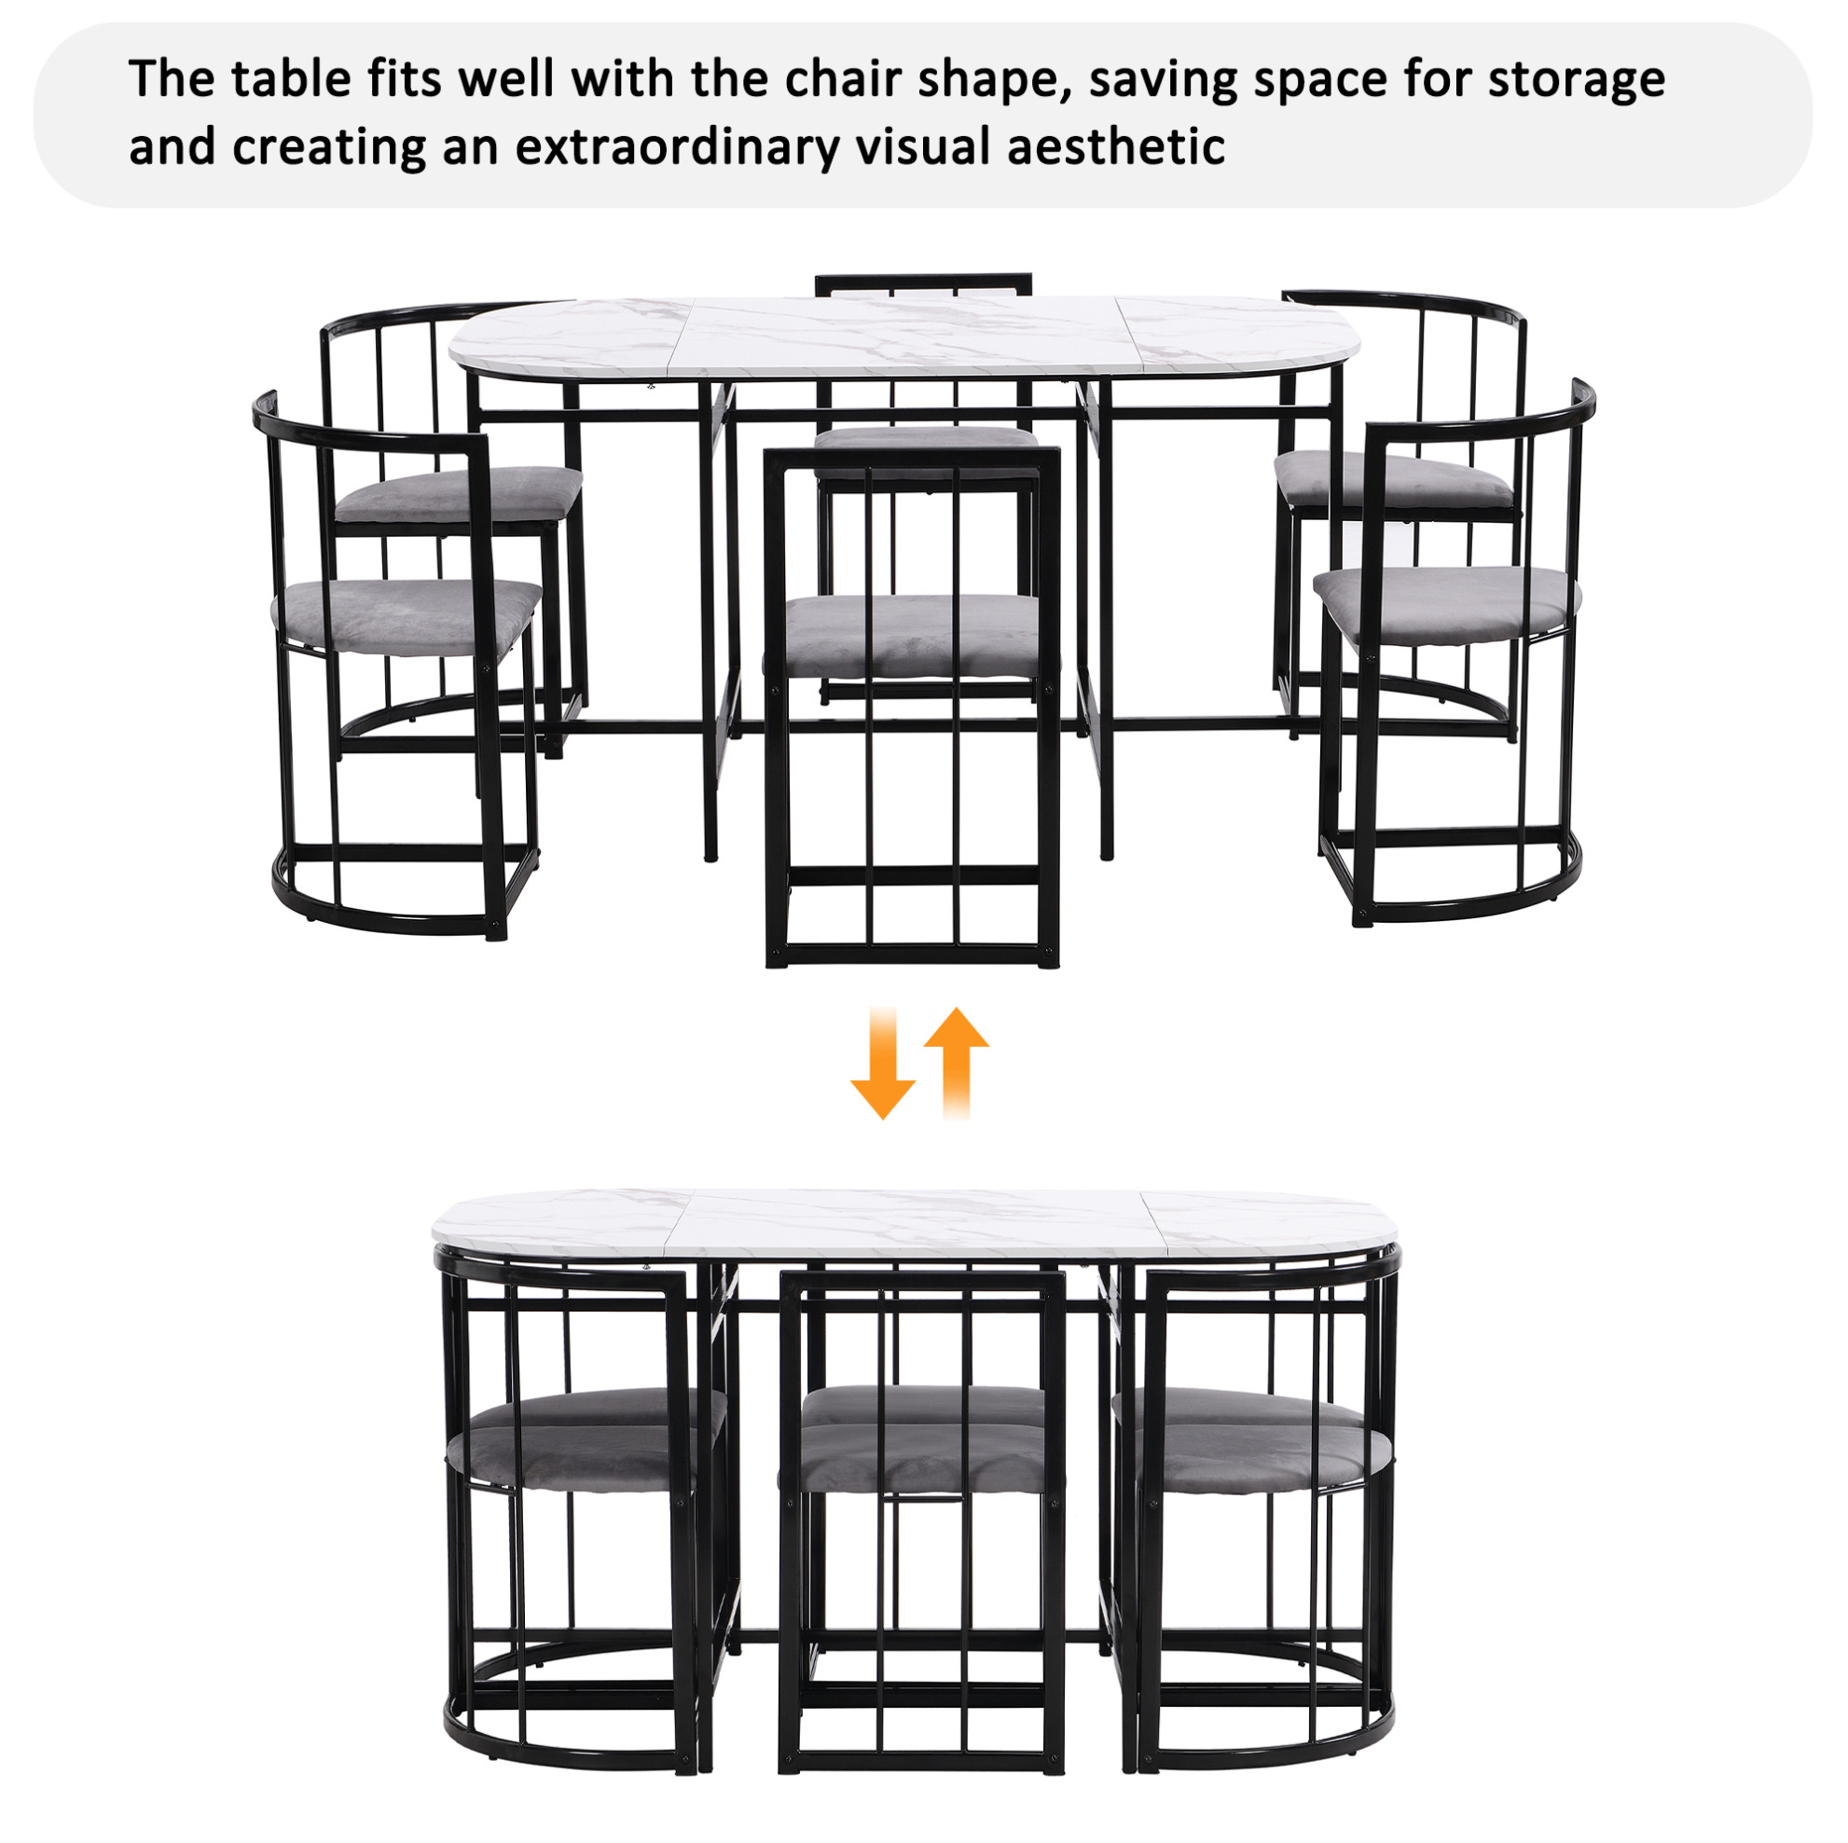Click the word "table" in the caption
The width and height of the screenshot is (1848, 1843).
pos(290,78)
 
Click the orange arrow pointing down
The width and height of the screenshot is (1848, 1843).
pos(882,1062)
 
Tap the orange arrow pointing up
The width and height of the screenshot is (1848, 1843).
pos(957,1062)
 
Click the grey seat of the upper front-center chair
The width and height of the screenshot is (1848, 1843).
pos(912,633)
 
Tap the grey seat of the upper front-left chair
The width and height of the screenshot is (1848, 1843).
pos(407,617)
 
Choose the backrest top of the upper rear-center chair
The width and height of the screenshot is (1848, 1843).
pos(923,283)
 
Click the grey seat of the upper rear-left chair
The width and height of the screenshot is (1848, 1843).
pos(460,493)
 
